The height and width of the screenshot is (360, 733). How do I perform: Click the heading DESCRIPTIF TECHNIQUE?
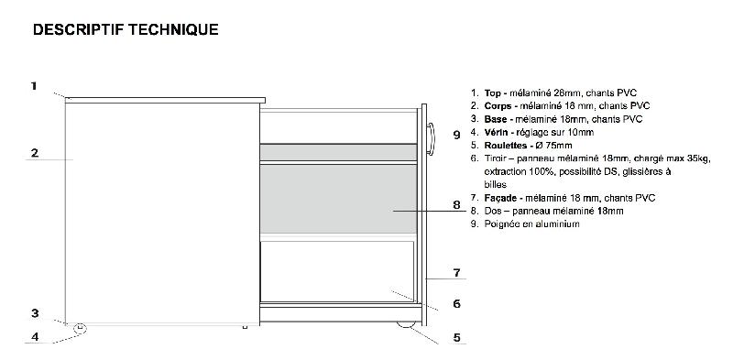pos(125,30)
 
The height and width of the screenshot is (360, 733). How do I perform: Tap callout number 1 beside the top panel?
pos(33,86)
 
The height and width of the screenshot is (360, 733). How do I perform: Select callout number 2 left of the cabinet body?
pos(34,153)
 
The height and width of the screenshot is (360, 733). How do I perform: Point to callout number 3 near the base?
pos(34,312)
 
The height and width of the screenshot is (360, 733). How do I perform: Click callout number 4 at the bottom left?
pos(34,336)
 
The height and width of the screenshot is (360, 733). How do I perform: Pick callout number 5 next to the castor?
pos(456,337)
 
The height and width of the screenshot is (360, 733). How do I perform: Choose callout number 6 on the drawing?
pos(456,303)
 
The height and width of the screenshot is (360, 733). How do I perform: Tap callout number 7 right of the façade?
pos(456,272)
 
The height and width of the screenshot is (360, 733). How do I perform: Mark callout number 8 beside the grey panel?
pos(456,204)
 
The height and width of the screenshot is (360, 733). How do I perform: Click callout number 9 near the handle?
pos(456,134)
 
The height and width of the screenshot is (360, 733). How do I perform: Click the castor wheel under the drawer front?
pos(403,324)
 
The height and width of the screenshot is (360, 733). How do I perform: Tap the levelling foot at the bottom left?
pos(81,326)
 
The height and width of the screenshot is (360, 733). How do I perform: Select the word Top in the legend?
pos(493,93)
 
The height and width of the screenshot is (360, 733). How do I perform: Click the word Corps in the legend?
pos(498,105)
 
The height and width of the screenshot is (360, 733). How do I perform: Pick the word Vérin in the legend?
pos(497,132)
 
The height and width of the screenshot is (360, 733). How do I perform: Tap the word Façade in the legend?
pos(500,198)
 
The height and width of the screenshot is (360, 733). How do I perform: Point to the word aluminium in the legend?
pos(556,224)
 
